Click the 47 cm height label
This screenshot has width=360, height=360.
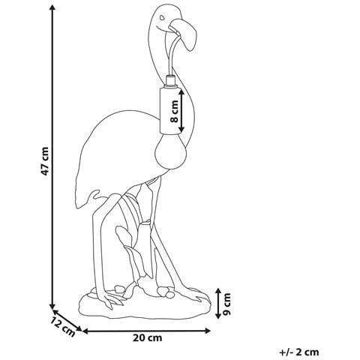pyautogui.click(x=45, y=161)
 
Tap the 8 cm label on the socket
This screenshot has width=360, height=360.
pyautogui.click(x=174, y=111)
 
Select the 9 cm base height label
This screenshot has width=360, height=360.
pyautogui.click(x=227, y=304)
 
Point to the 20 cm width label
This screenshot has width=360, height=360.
pyautogui.click(x=147, y=338)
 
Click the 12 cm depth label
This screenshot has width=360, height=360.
pyautogui.click(x=63, y=325)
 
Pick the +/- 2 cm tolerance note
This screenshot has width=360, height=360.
pyautogui.click(x=299, y=352)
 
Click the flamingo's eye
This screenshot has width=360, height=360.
pyautogui.click(x=163, y=18)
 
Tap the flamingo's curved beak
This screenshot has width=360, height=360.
pyautogui.click(x=184, y=34)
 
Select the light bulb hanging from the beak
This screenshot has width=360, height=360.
pyautogui.click(x=171, y=151)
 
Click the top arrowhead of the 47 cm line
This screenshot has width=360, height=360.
pyautogui.click(x=52, y=8)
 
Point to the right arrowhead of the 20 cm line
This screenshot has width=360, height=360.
pyautogui.click(x=207, y=331)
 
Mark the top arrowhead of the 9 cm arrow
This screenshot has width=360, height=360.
pyautogui.click(x=218, y=291)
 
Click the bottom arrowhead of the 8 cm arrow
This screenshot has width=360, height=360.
pyautogui.click(x=181, y=129)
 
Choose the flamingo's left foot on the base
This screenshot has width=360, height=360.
pyautogui.click(x=111, y=299)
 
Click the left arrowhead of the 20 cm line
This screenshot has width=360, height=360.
pyautogui.click(x=85, y=331)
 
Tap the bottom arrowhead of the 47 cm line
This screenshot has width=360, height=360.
pyautogui.click(x=52, y=306)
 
